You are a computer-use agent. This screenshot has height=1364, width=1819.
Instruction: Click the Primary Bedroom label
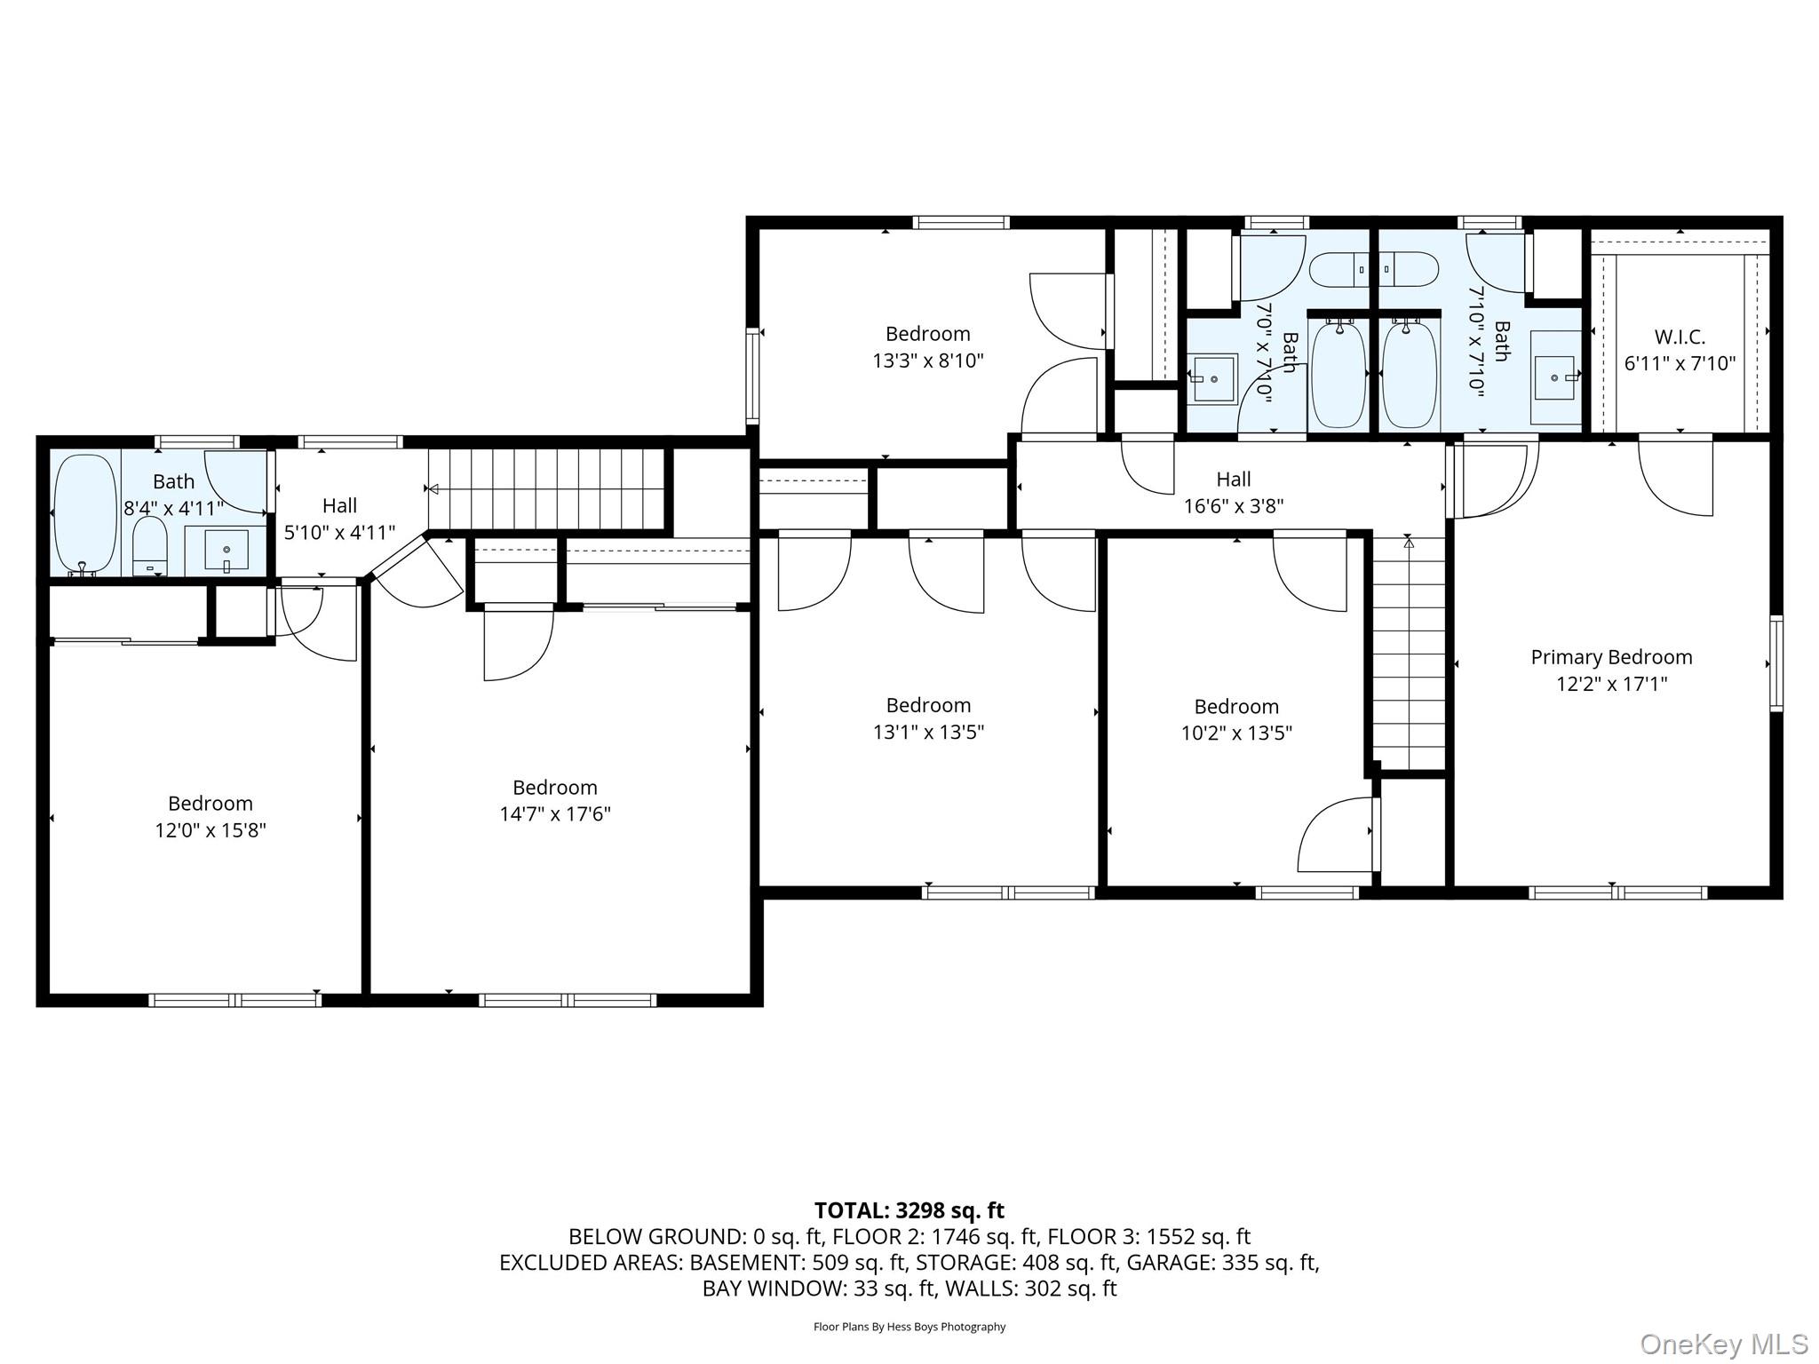(x=1611, y=657)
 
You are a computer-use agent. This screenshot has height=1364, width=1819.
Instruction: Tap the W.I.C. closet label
(x=1680, y=337)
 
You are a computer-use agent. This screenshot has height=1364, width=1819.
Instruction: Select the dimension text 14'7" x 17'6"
(x=555, y=814)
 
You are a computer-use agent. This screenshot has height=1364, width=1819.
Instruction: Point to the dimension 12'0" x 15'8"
(x=210, y=830)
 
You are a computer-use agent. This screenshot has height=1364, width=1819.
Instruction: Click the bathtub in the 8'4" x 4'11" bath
(x=85, y=514)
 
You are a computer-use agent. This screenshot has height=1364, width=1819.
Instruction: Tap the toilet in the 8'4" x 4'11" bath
(x=149, y=545)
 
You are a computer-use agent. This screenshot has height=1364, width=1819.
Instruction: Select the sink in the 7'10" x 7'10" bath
(x=1554, y=377)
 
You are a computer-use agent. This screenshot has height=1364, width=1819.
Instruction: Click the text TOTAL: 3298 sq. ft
(x=909, y=1210)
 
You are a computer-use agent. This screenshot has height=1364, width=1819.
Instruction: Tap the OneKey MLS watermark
(x=1723, y=1344)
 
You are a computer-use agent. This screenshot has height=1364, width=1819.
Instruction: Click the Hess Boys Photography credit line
(x=909, y=1327)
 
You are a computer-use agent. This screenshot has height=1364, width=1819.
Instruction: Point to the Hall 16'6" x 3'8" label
(x=1233, y=492)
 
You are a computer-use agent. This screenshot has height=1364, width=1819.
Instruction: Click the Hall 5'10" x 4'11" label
(x=339, y=519)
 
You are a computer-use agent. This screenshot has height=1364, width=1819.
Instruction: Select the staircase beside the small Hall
(x=547, y=488)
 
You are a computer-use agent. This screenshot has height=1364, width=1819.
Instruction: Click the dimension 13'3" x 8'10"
(x=928, y=361)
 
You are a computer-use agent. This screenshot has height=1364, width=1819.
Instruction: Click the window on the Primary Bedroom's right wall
(x=1775, y=663)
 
